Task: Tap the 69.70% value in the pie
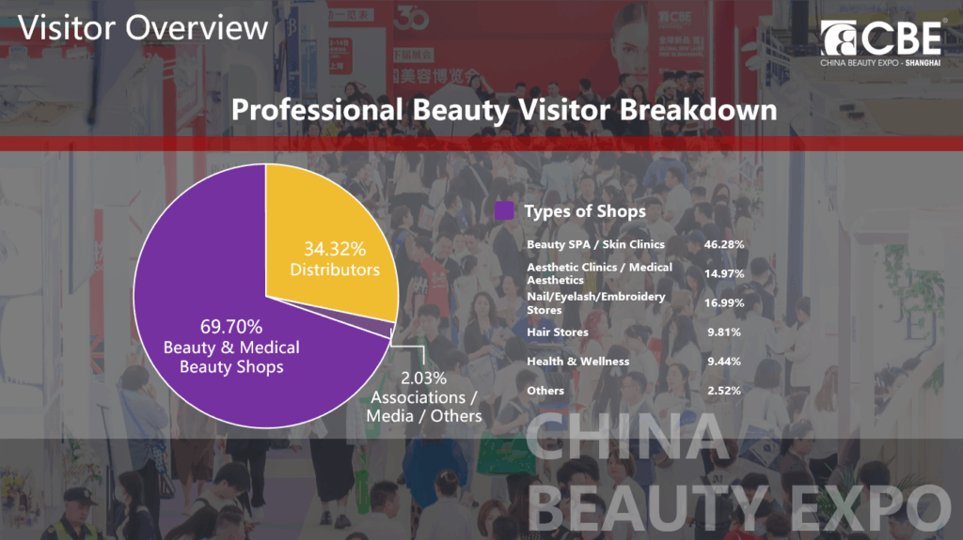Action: pyautogui.click(x=231, y=326)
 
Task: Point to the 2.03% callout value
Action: pyautogui.click(x=424, y=378)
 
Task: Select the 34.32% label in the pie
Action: pyautogui.click(x=335, y=249)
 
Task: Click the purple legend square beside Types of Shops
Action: pyautogui.click(x=504, y=210)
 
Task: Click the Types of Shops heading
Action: pyautogui.click(x=585, y=211)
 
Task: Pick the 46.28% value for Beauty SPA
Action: pyautogui.click(x=724, y=244)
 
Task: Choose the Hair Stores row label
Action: pyautogui.click(x=558, y=332)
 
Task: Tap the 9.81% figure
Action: pyautogui.click(x=724, y=332)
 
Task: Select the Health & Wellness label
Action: pyautogui.click(x=578, y=362)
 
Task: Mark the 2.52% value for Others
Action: pyautogui.click(x=724, y=391)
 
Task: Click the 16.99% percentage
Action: pyautogui.click(x=724, y=302)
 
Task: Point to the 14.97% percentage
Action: pyautogui.click(x=724, y=273)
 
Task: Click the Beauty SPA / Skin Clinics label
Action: pyautogui.click(x=595, y=244)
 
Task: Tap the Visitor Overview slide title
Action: pyautogui.click(x=143, y=27)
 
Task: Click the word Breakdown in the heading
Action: pyautogui.click(x=698, y=110)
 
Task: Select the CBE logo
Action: pyautogui.click(x=881, y=41)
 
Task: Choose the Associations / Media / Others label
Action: pyautogui.click(x=424, y=407)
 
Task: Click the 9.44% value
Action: pyautogui.click(x=724, y=362)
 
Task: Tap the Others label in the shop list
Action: pyautogui.click(x=545, y=391)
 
